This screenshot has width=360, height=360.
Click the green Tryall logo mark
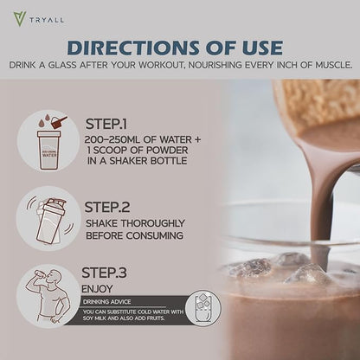20,19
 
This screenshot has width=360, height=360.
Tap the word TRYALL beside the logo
47,20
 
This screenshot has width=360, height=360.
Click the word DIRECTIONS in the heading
133,48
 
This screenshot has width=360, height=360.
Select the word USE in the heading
259,48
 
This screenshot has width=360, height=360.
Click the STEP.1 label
106,124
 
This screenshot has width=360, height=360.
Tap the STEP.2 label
107,207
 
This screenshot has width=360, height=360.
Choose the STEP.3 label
104,273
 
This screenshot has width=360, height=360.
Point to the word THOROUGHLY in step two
152,223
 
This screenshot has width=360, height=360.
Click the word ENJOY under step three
97,289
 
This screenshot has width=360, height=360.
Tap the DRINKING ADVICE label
106,302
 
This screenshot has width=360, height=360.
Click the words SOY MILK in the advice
94,318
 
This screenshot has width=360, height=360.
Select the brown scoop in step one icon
59,122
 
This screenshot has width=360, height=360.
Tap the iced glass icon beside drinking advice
203,308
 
